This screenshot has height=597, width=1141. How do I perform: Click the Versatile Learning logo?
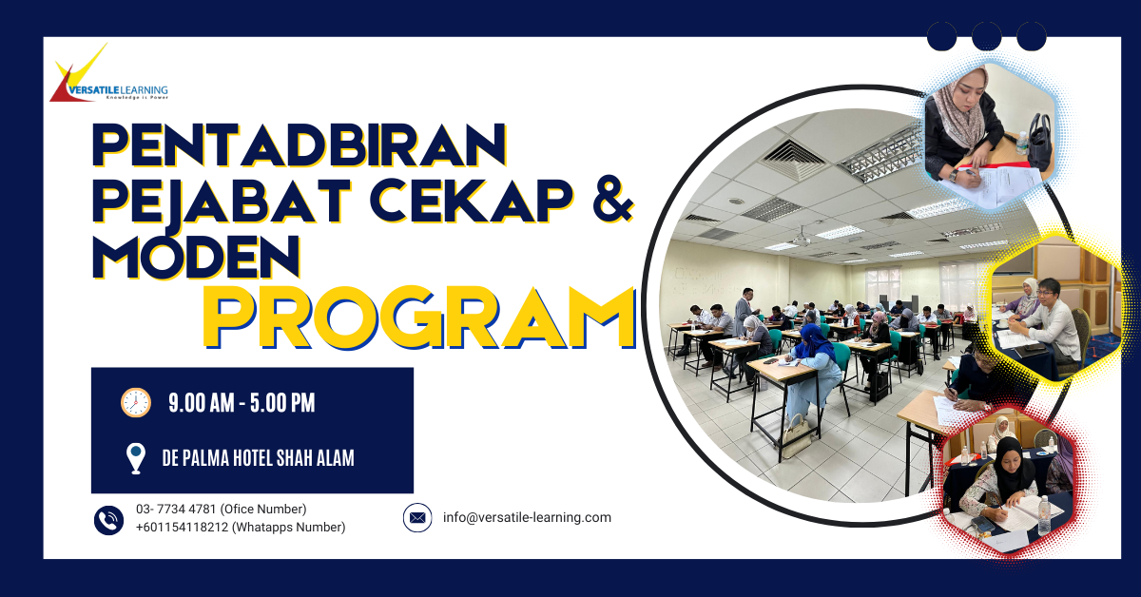click(108, 74)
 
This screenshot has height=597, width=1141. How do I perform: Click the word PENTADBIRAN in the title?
click(299, 145)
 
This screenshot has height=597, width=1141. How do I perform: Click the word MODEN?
click(196, 257)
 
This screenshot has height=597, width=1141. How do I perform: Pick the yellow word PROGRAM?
click(419, 318)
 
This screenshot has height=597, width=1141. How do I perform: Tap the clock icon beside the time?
click(135, 402)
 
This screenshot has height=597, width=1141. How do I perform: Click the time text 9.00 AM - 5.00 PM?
click(242, 403)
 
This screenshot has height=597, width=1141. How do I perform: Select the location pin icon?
click(135, 458)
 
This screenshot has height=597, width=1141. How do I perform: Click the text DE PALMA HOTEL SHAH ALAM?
click(258, 458)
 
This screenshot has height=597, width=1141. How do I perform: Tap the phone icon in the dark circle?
click(108, 520)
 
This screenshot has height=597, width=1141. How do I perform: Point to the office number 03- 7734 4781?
click(176, 509)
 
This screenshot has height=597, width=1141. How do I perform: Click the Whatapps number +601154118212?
click(182, 528)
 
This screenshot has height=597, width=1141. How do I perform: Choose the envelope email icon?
click(417, 517)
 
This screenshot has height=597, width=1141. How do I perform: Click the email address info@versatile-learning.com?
click(527, 517)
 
